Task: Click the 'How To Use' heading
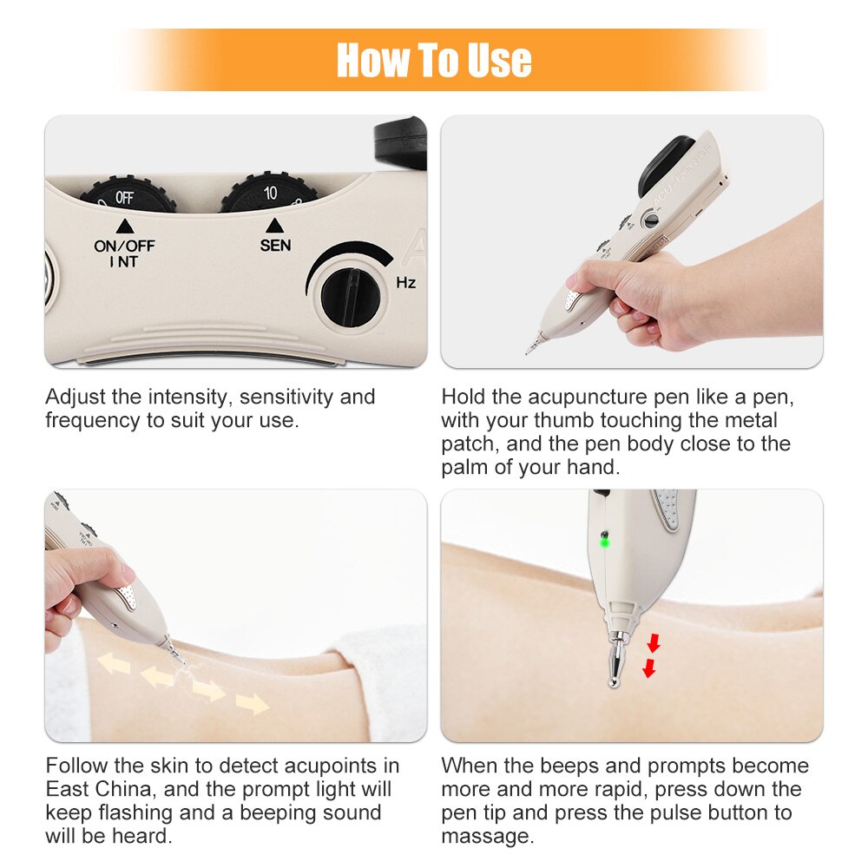[x=434, y=60]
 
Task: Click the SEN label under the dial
[x=275, y=246]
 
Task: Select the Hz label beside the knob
[x=405, y=282]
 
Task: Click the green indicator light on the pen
[x=604, y=542]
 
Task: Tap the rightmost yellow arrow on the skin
[x=253, y=703]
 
